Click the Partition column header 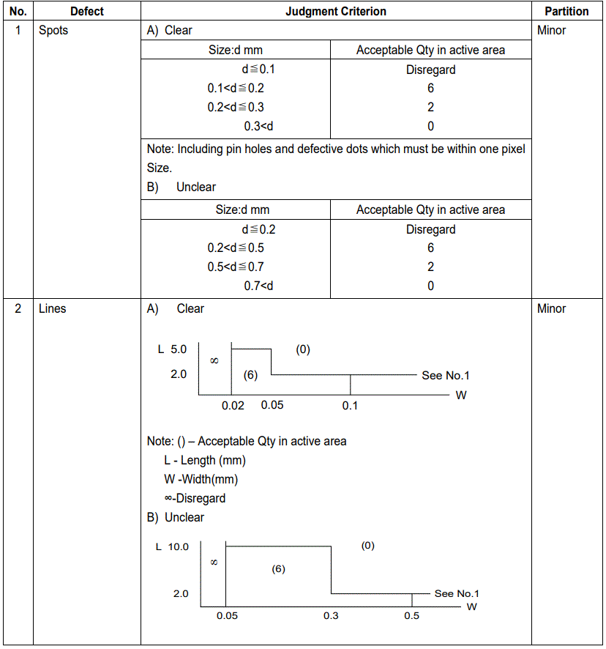click(566, 11)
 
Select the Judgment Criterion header click(336, 11)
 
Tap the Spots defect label click(53, 31)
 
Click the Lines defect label click(52, 309)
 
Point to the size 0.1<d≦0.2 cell click(236, 89)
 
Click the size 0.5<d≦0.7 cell click(236, 267)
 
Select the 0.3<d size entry click(258, 126)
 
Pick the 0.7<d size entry click(258, 286)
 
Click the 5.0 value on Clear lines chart click(179, 350)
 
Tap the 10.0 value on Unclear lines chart click(178, 547)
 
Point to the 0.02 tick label click(233, 406)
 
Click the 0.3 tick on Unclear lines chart click(331, 616)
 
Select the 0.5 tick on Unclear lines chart click(412, 616)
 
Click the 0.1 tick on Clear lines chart click(350, 406)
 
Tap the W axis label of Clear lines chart click(461, 396)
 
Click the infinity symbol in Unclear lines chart click(214, 563)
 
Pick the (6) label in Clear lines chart click(250, 375)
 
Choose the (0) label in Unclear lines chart click(367, 546)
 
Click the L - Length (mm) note click(205, 461)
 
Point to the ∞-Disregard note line click(195, 499)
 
